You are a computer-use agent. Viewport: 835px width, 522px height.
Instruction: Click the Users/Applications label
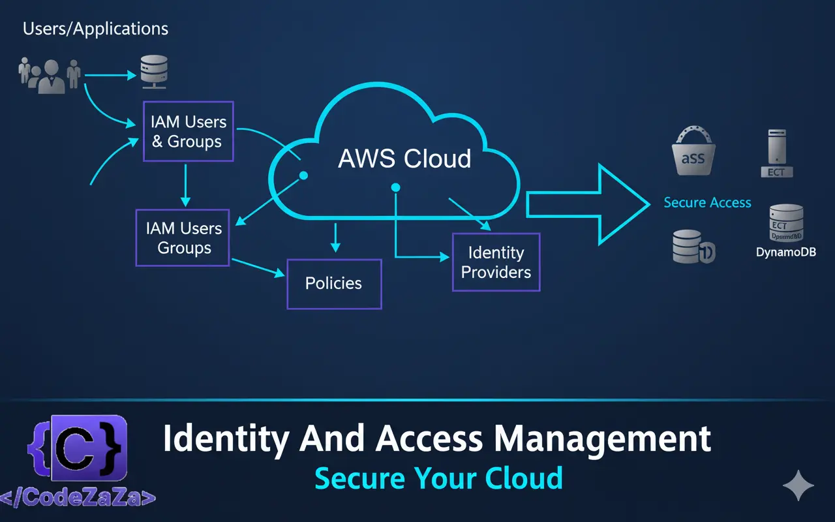[x=95, y=29]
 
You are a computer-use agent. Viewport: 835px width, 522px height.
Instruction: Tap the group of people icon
[x=50, y=75]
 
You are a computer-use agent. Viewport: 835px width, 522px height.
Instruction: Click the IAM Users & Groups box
[x=188, y=131]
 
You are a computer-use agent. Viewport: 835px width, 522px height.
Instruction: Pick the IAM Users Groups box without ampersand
[x=183, y=238]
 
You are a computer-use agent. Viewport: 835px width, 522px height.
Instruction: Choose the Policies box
[x=334, y=283]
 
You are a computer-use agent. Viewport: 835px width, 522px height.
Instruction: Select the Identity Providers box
[x=496, y=262]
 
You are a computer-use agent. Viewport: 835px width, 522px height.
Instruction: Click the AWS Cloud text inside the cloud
[x=404, y=159]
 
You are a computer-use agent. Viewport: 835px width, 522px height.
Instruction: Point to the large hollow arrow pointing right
[x=587, y=204]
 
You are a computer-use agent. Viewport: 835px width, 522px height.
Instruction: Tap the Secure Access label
[x=707, y=203]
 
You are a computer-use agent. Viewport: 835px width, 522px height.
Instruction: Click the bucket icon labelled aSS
[x=693, y=153]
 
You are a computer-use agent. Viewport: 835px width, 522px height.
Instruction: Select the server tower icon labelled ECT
[x=776, y=153]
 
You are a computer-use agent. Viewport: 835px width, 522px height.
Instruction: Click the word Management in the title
[x=602, y=438]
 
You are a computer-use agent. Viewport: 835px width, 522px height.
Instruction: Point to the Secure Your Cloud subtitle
[x=438, y=478]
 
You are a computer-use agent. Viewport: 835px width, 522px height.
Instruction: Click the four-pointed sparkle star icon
[x=798, y=487]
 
